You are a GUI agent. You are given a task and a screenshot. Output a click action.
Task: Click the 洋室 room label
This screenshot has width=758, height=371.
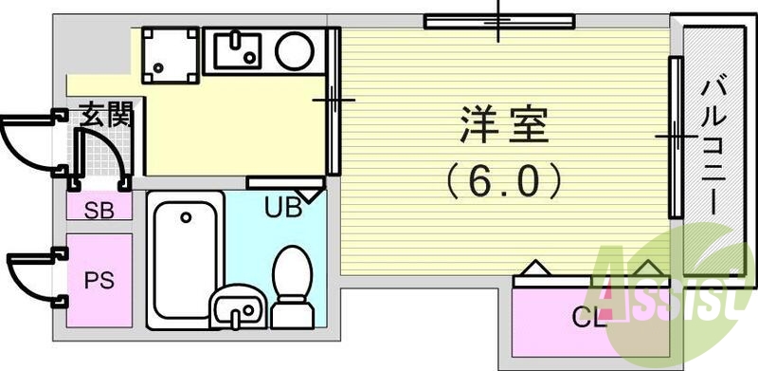pos(504,123)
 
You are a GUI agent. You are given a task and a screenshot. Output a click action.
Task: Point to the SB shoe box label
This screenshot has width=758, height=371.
pos(99,210)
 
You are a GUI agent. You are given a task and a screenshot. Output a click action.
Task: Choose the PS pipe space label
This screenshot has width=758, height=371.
pos(99,281)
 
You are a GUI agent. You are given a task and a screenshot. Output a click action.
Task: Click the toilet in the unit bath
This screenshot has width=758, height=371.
pos(292,280)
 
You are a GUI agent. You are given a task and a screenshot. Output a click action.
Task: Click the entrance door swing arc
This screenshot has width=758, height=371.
pos(28,142)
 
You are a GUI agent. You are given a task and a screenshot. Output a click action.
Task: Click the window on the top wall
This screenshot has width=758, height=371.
pos(498,19)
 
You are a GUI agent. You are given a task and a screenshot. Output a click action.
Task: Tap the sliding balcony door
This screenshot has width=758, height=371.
pos(675,137)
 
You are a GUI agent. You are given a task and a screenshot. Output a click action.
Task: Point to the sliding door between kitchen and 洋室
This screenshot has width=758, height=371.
pos(333,101)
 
